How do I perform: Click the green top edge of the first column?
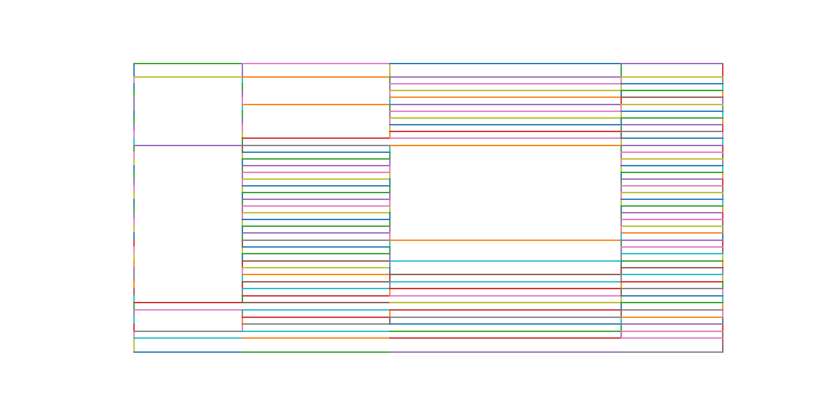tap(188, 64)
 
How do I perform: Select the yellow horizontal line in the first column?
tap(188, 77)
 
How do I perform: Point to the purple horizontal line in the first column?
tap(188, 145)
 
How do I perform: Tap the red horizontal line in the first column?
tap(188, 303)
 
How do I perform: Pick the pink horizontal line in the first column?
tap(188, 310)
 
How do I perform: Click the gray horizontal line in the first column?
tap(188, 331)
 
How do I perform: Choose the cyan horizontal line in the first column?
tap(188, 338)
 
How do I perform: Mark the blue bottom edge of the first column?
tap(188, 352)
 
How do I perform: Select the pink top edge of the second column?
tap(316, 64)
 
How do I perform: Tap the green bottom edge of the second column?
tap(316, 352)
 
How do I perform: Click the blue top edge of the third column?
tap(505, 64)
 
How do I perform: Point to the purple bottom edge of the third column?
tap(505, 352)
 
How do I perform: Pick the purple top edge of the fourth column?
tap(671, 64)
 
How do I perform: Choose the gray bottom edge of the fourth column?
tap(671, 352)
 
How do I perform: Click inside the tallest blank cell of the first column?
tap(188, 224)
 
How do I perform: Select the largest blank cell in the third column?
tap(505, 193)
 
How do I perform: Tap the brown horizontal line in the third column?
tap(505, 274)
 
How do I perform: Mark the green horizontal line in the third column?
tap(505, 331)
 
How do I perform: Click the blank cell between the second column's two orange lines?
tap(316, 90)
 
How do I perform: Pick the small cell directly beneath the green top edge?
tap(188, 70)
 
